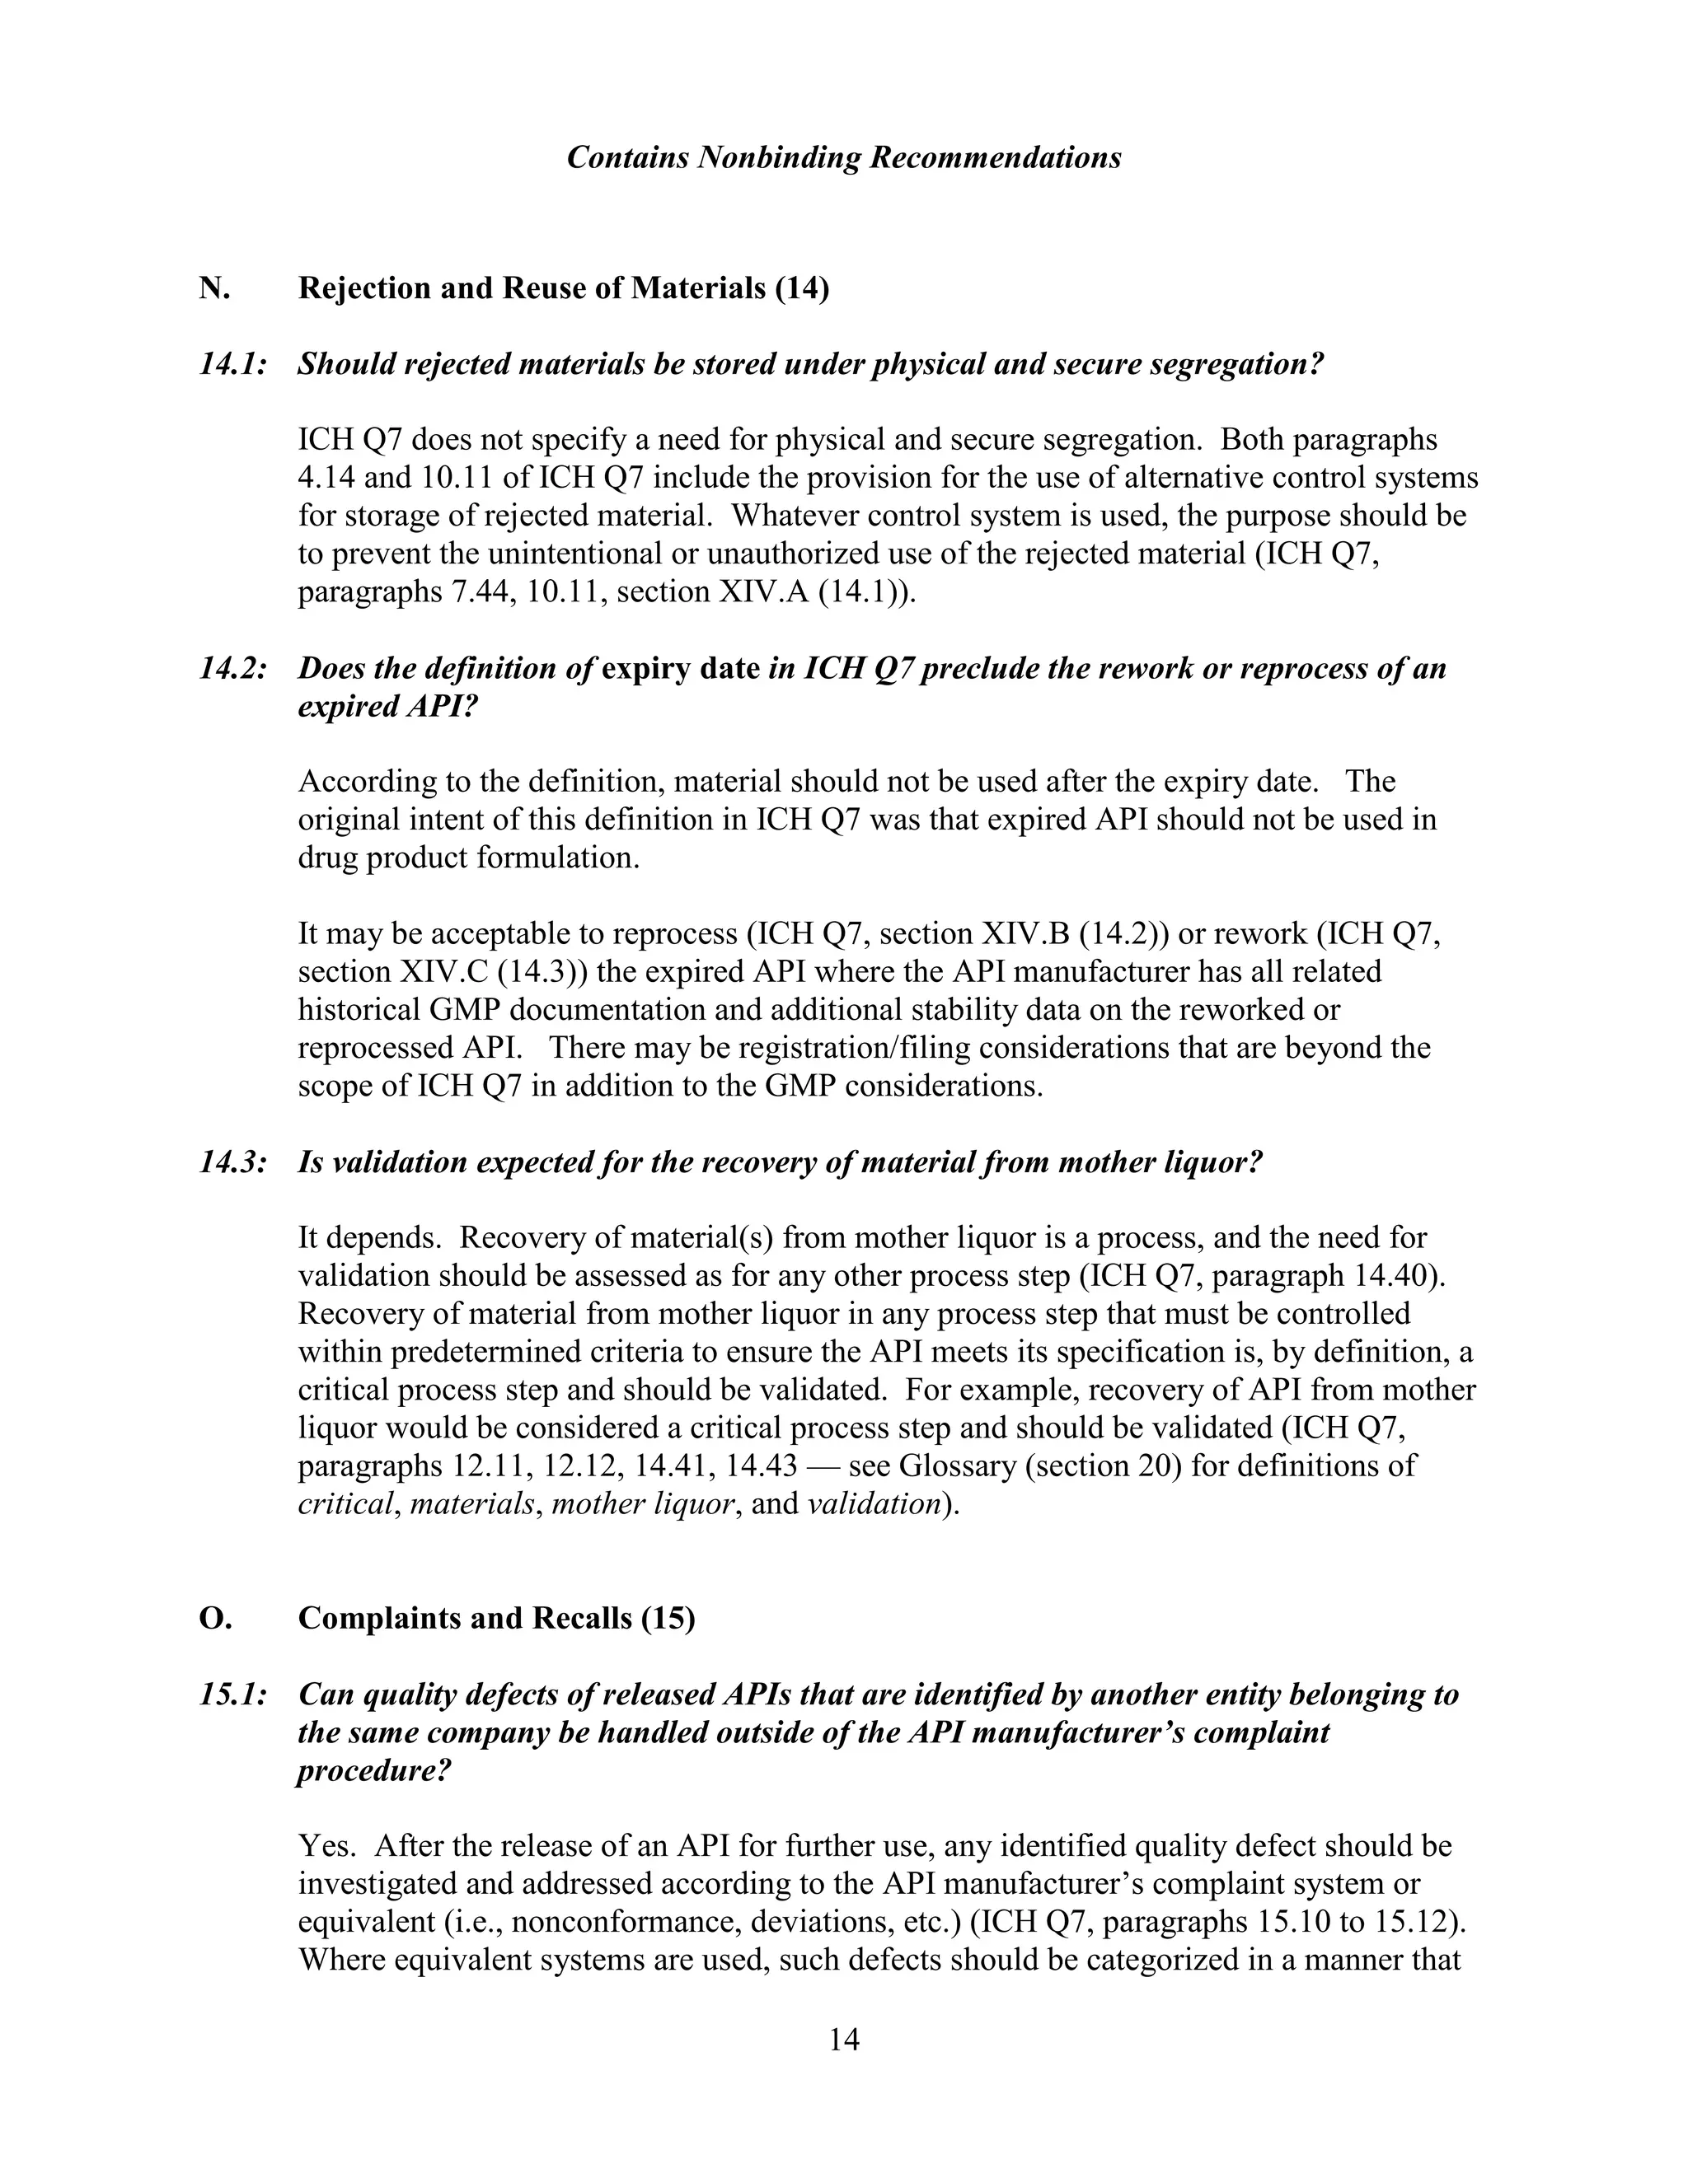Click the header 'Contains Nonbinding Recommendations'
843,158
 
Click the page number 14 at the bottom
843,2039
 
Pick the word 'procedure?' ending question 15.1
374,1771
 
